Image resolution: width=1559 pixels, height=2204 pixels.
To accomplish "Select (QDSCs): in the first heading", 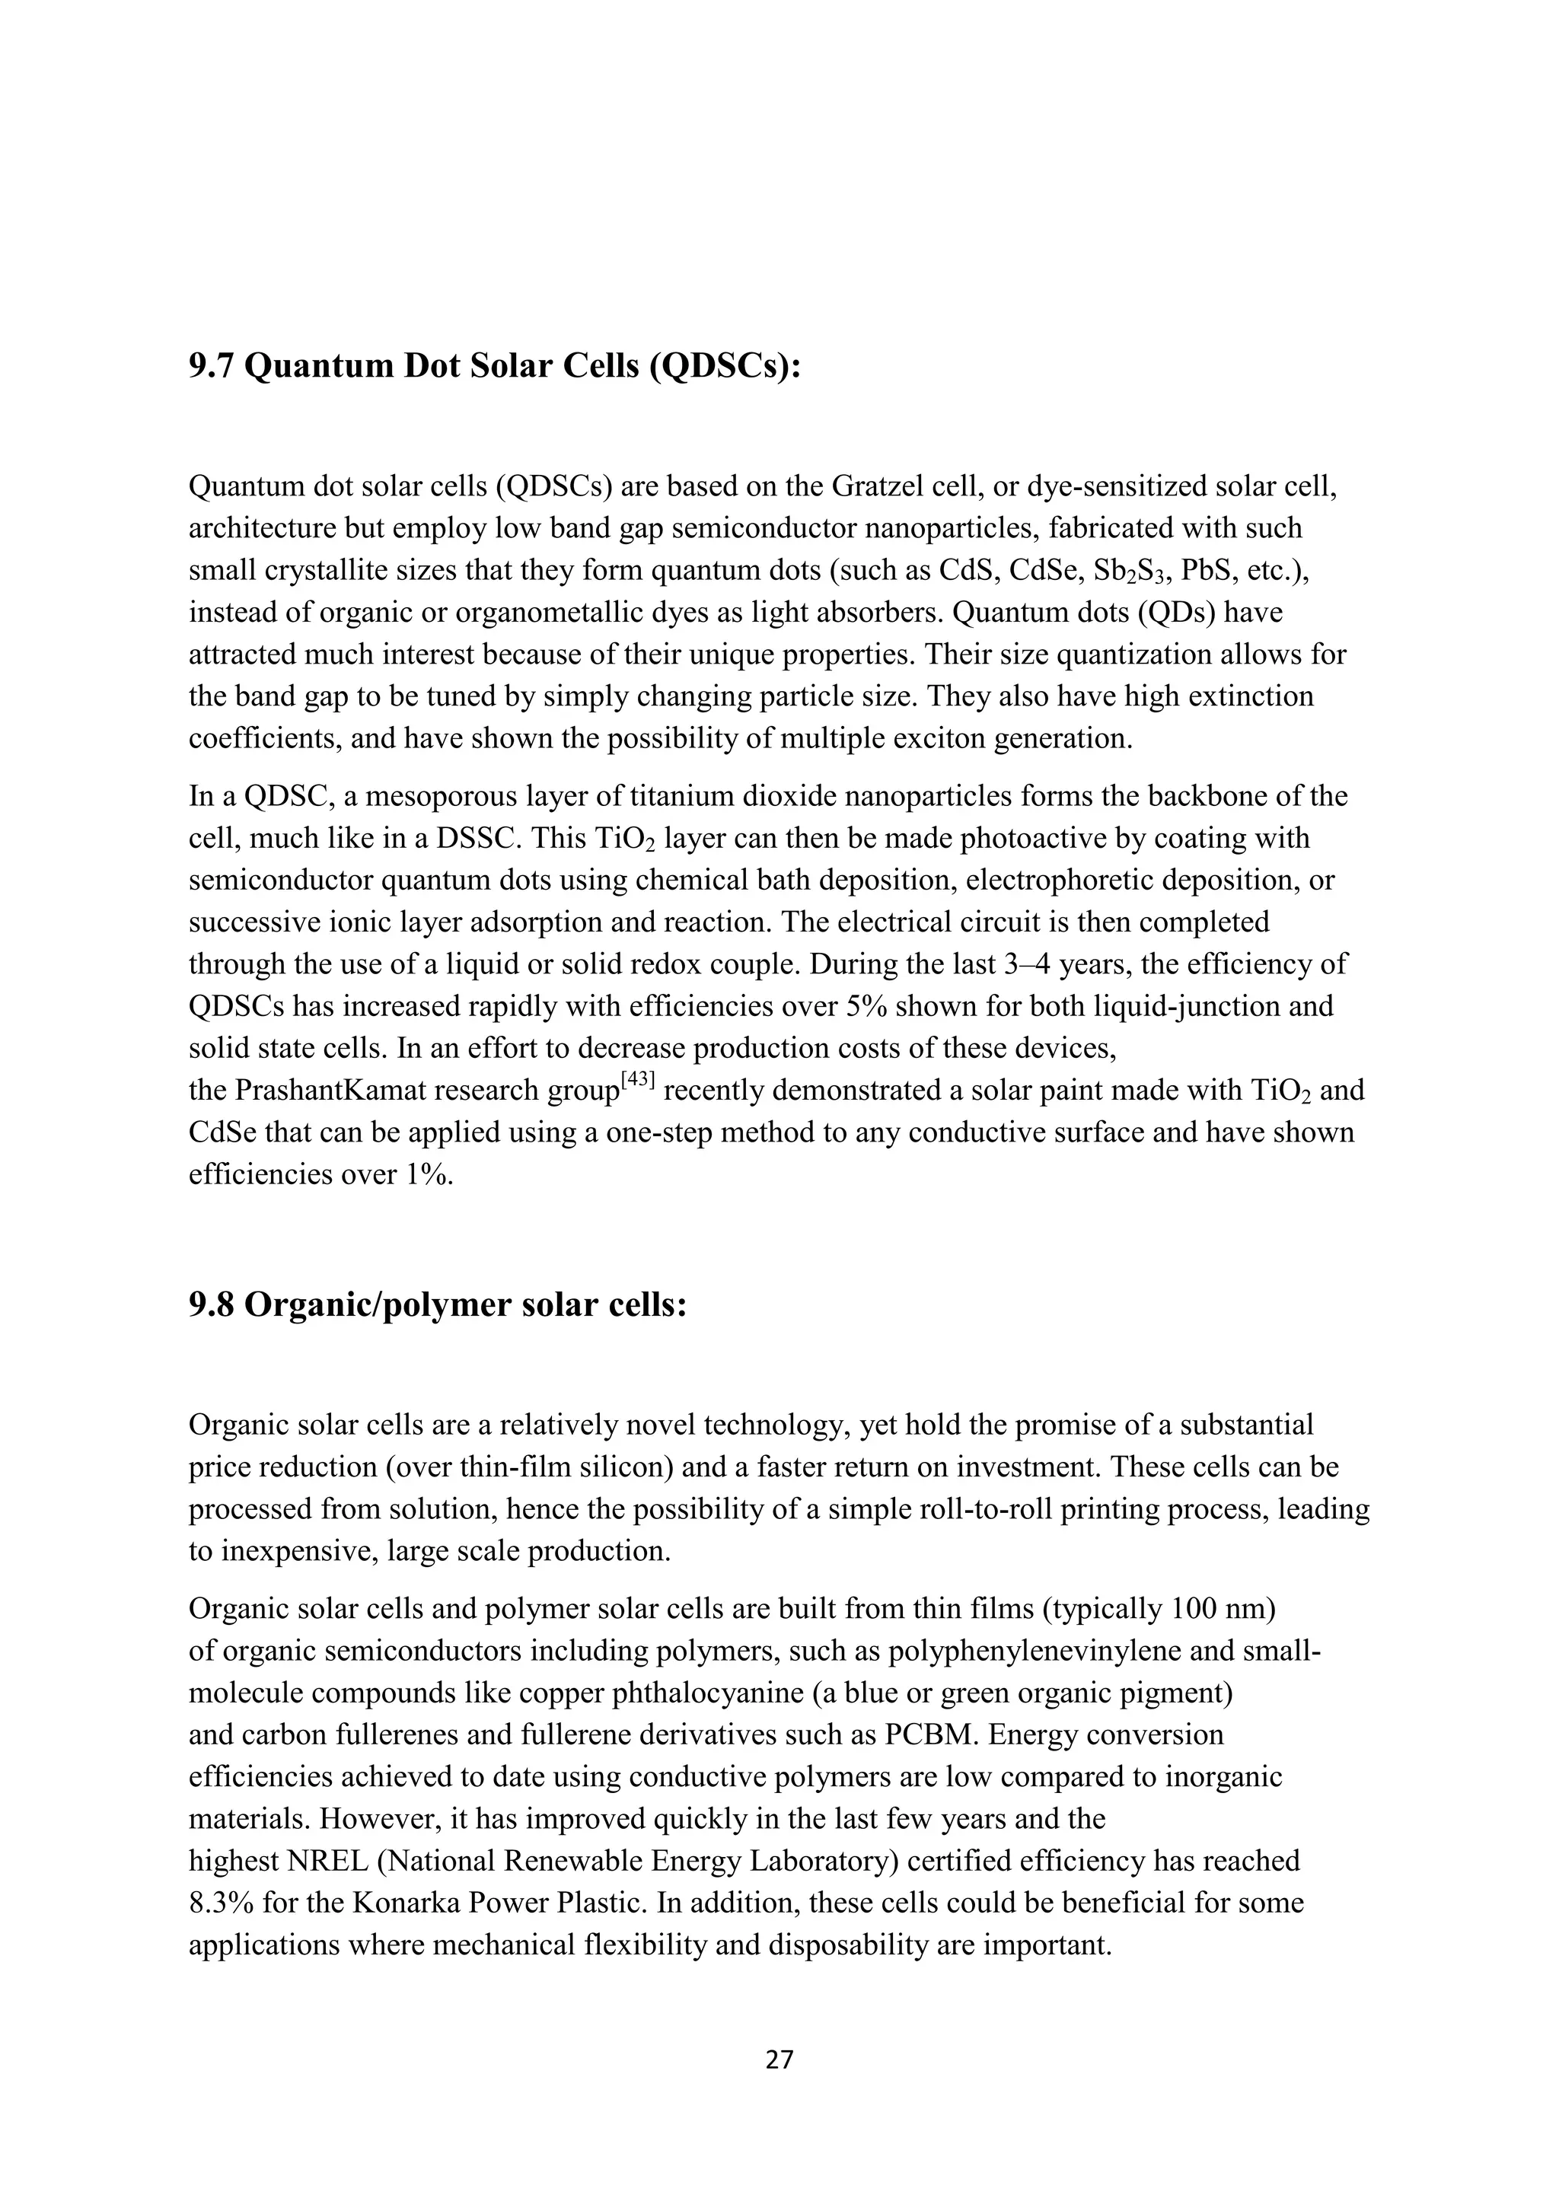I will (724, 366).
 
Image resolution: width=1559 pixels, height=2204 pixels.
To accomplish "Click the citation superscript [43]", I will (637, 1080).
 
